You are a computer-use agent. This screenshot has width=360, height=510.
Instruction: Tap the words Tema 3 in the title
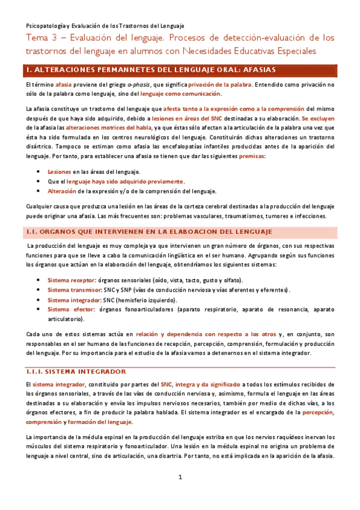43,38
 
